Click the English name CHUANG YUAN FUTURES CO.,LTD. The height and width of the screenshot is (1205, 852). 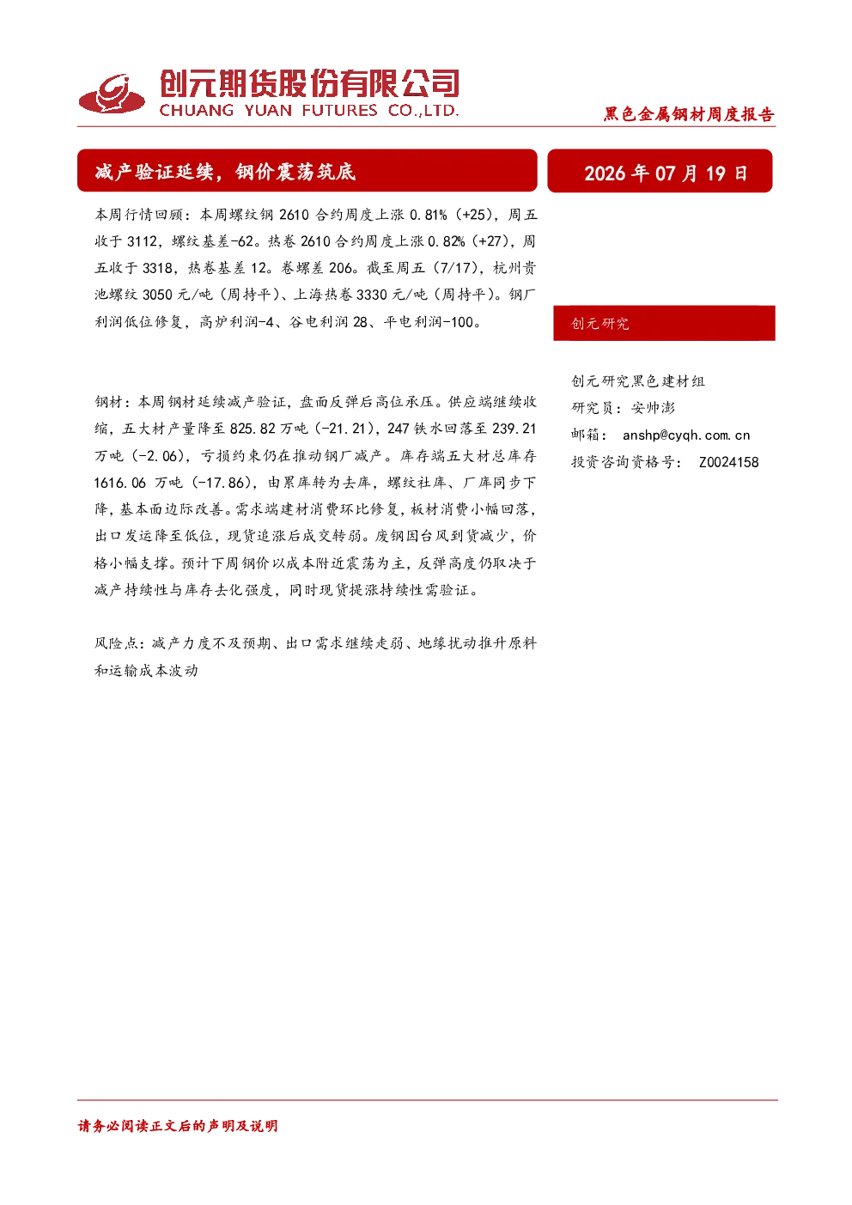pos(309,110)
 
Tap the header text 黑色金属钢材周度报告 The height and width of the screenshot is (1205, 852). pos(689,114)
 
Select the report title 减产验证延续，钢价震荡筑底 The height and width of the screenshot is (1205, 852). pos(225,172)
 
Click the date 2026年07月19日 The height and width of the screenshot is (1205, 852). pos(666,173)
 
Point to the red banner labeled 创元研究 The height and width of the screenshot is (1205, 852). pos(664,323)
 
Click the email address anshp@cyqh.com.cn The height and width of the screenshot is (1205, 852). pos(686,435)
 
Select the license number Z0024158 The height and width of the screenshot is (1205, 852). pos(729,462)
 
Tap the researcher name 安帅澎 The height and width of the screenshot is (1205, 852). pos(653,408)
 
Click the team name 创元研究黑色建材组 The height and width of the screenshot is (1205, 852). pos(638,380)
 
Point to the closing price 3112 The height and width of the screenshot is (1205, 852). pos(142,241)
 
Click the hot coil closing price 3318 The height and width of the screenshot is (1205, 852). pos(157,268)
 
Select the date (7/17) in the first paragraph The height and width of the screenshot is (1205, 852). pos(455,268)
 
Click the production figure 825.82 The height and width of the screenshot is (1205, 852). pos(253,429)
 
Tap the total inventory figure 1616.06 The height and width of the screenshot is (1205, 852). pos(120,483)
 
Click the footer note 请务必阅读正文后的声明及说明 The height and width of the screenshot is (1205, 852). pos(178,1126)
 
